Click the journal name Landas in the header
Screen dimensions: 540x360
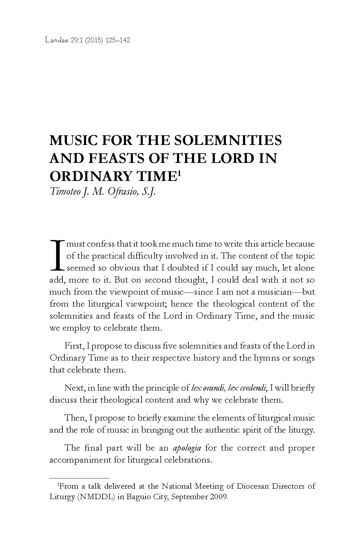point(56,40)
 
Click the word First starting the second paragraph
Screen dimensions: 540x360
point(73,346)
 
